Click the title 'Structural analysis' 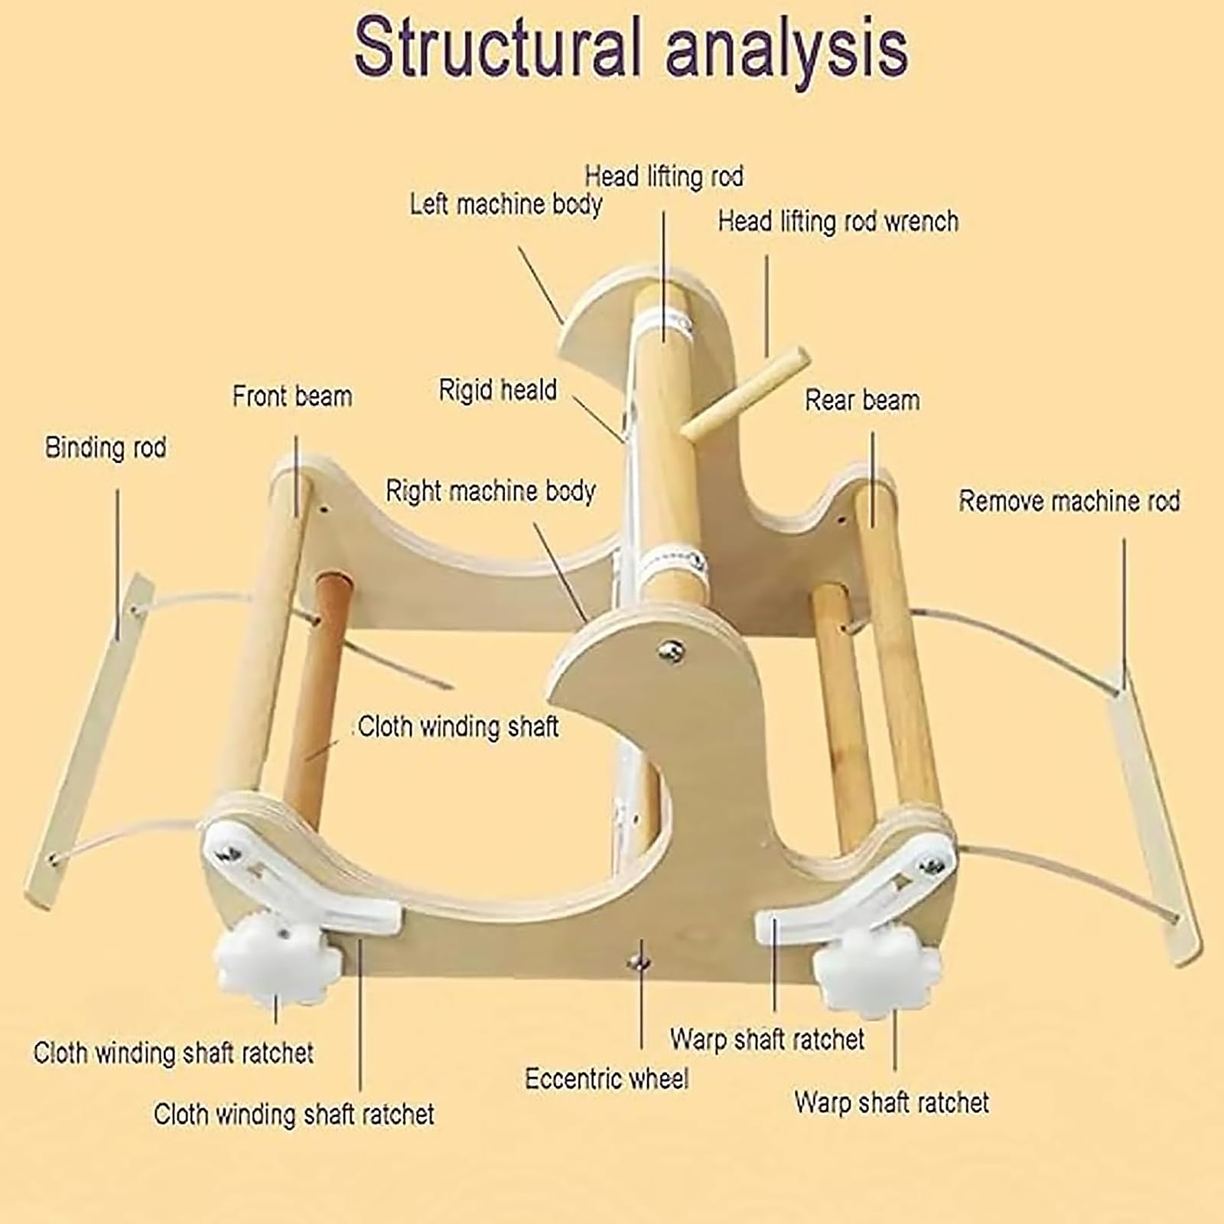click(x=631, y=47)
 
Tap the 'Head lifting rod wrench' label click(x=838, y=222)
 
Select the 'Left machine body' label click(x=506, y=204)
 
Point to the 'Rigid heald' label click(x=497, y=390)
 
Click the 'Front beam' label click(x=292, y=396)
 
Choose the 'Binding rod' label click(x=106, y=448)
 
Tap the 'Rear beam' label click(x=862, y=400)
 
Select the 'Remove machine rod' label click(x=1069, y=501)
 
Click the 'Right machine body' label click(x=490, y=491)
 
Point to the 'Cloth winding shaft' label click(x=458, y=727)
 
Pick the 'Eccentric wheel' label click(x=607, y=1079)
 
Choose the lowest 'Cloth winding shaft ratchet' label click(x=294, y=1115)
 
